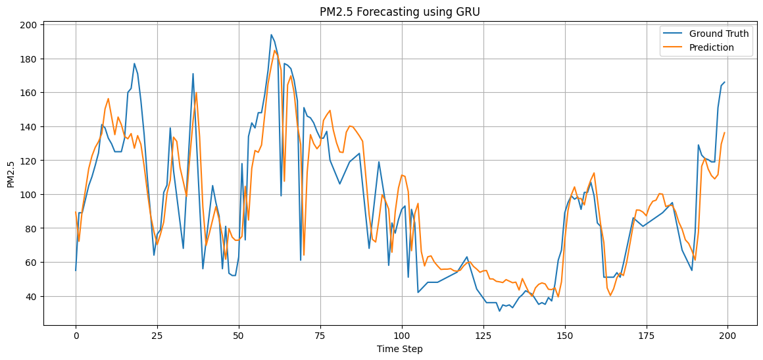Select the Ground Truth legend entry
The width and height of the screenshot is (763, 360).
718,34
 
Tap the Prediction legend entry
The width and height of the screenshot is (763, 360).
711,47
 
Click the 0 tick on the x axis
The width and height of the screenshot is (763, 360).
76,335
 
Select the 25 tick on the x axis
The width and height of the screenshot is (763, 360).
157,335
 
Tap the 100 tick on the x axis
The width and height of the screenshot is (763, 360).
401,335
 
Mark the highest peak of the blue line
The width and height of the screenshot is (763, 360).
271,35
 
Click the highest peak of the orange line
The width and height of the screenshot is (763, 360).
275,51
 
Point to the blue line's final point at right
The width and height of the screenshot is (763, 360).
724,82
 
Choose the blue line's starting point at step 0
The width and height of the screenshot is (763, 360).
76,270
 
